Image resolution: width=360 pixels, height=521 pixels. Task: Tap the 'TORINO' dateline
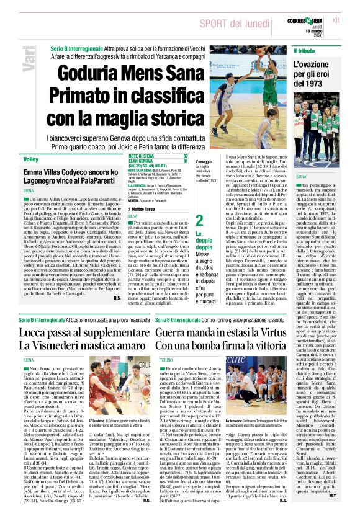point(149,359)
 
